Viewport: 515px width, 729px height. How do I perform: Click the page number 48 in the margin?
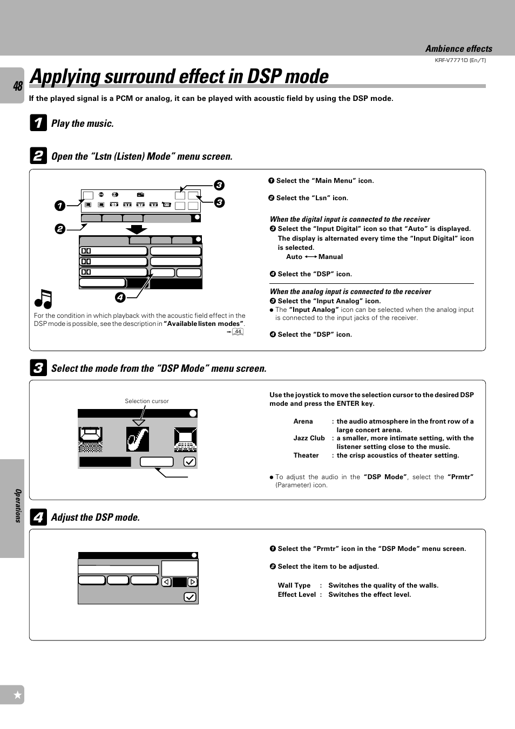[x=17, y=86]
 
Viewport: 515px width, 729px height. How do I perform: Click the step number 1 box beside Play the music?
[x=38, y=123]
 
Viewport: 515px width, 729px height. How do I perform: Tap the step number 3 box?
[x=38, y=368]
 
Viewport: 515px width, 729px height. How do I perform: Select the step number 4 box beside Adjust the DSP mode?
[x=38, y=517]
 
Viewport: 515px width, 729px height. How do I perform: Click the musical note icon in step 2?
[x=43, y=298]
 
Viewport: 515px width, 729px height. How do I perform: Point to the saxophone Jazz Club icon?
[x=138, y=439]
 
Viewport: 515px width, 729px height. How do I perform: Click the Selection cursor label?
[x=146, y=401]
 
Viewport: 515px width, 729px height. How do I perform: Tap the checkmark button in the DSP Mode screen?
[x=189, y=462]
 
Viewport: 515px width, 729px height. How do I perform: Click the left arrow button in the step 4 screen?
[x=167, y=582]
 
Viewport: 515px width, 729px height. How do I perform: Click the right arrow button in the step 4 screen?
[x=193, y=582]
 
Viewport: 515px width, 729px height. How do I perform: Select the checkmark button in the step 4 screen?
[x=190, y=597]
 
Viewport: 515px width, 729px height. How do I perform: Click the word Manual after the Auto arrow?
[x=330, y=257]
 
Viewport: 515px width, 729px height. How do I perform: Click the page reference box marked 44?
[x=238, y=332]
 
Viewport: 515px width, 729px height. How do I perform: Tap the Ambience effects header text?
[x=458, y=49]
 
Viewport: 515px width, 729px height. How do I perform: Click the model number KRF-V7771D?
[x=460, y=60]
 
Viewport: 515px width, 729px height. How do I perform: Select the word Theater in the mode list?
[x=306, y=455]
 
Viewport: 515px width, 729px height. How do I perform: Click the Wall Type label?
[x=294, y=585]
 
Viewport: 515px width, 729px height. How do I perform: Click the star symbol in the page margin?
[x=17, y=695]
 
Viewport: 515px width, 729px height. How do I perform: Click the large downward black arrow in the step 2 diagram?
[x=137, y=229]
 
